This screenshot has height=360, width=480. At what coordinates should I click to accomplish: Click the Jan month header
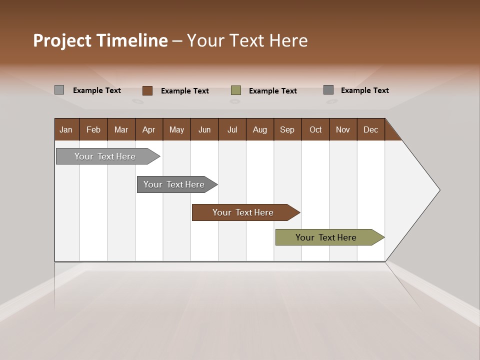(66, 129)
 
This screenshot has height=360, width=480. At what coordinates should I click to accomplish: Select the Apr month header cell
(149, 129)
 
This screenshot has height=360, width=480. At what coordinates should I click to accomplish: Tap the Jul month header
(232, 129)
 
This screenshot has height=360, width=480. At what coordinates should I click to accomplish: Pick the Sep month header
(287, 129)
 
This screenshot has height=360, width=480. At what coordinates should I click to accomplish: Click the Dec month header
(370, 129)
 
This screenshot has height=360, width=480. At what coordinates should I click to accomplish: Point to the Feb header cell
(93, 129)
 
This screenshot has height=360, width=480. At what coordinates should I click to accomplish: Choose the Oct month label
(315, 129)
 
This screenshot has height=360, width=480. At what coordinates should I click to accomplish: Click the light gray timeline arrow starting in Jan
(105, 156)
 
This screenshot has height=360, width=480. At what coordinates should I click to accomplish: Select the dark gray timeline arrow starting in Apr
(174, 184)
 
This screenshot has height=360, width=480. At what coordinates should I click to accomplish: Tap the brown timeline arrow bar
(243, 212)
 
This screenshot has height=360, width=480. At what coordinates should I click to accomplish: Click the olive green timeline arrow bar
(326, 237)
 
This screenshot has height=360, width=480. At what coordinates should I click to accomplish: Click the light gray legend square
(59, 90)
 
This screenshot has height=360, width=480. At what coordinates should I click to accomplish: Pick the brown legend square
(147, 90)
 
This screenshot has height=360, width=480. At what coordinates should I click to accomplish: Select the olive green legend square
(236, 90)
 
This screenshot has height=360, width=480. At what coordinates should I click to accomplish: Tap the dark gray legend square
(328, 90)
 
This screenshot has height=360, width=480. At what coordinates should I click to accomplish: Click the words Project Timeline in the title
(100, 40)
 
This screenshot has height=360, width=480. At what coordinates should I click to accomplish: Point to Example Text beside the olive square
(272, 91)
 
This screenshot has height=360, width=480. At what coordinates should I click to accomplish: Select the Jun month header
(204, 129)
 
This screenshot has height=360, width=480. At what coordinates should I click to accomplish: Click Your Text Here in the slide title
(247, 40)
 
